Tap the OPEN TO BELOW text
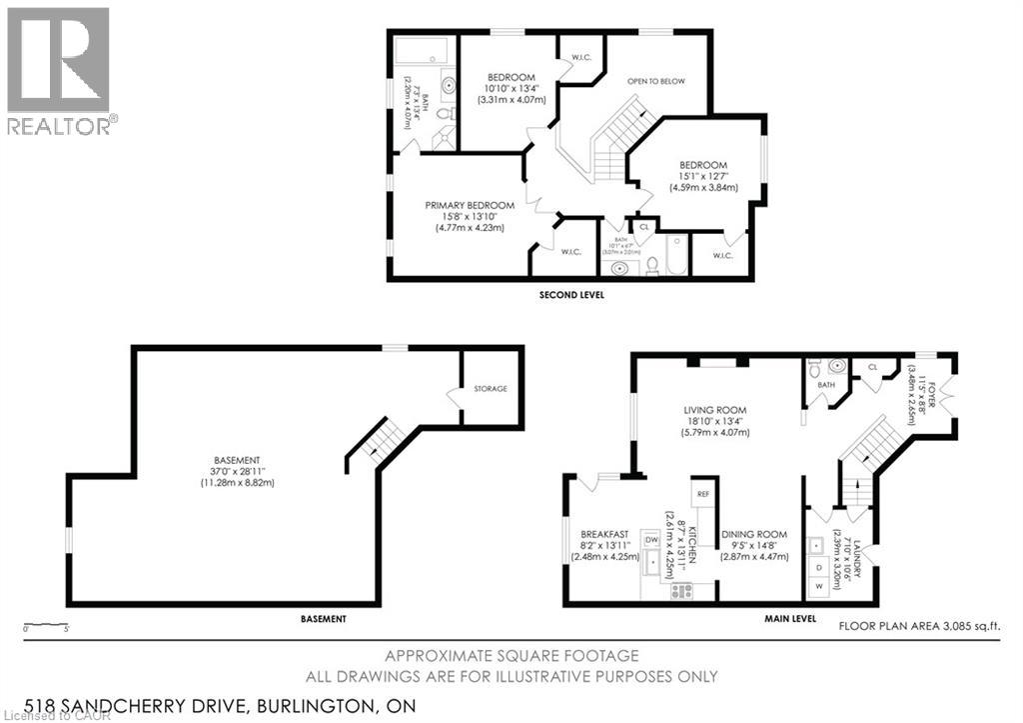[655, 81]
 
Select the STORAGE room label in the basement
[491, 388]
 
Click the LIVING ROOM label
[715, 409]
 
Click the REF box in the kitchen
[703, 494]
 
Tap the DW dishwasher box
[651, 540]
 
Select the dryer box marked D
[820, 567]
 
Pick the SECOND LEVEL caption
[570, 295]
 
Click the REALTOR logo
[59, 69]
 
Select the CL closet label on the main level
[872, 367]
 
